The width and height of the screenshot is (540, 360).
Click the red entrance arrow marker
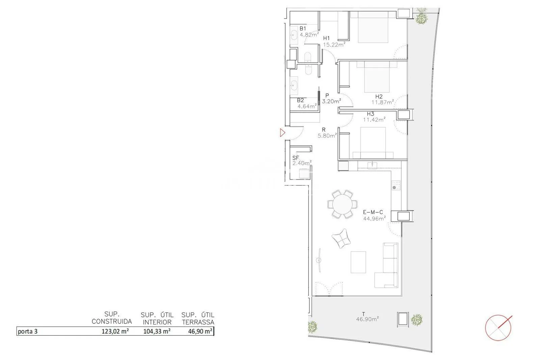click(x=282, y=133)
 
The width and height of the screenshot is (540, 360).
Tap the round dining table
click(x=342, y=204)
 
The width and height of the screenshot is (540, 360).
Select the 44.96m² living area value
click(x=374, y=218)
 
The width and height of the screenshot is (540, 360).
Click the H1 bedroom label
click(x=326, y=38)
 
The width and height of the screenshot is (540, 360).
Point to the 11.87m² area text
click(x=383, y=102)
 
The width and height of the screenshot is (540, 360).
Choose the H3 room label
click(x=371, y=114)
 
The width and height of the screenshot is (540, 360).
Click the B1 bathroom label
click(x=303, y=28)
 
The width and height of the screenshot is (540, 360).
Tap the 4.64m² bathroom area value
click(x=307, y=106)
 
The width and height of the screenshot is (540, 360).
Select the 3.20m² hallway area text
click(x=331, y=101)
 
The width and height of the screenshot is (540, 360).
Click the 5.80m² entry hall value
click(x=327, y=136)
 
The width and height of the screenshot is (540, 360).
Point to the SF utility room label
click(x=296, y=158)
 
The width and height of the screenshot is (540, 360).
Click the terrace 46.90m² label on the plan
click(x=368, y=319)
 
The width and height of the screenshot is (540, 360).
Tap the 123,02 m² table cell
click(x=115, y=331)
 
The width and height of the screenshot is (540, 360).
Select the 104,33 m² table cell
click(x=157, y=331)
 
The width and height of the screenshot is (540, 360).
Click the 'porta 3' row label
click(x=28, y=332)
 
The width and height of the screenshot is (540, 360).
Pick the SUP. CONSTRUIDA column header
click(x=112, y=318)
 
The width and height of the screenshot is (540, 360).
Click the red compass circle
click(x=498, y=328)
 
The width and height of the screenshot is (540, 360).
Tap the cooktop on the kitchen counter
click(x=396, y=185)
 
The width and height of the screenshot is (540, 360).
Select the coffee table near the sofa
click(x=358, y=262)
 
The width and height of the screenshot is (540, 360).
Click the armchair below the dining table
click(x=341, y=239)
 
